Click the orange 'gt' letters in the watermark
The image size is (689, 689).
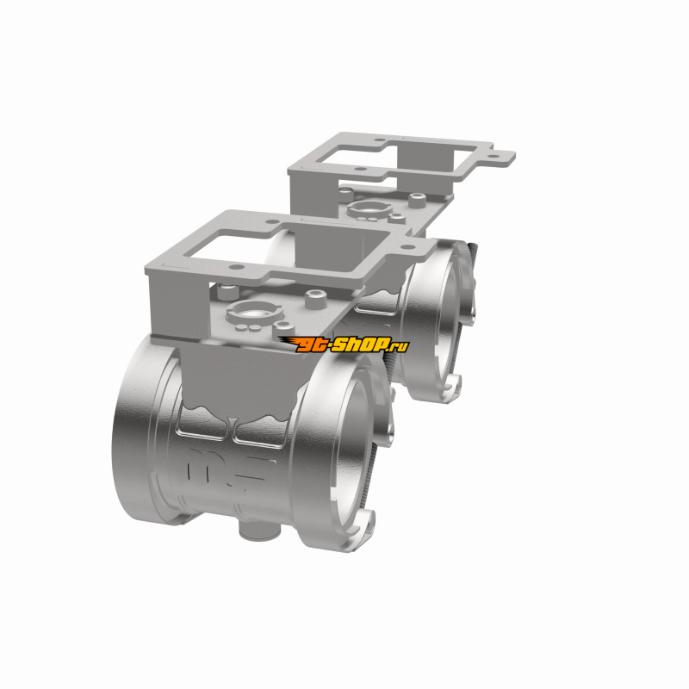pyautogui.click(x=312, y=345)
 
